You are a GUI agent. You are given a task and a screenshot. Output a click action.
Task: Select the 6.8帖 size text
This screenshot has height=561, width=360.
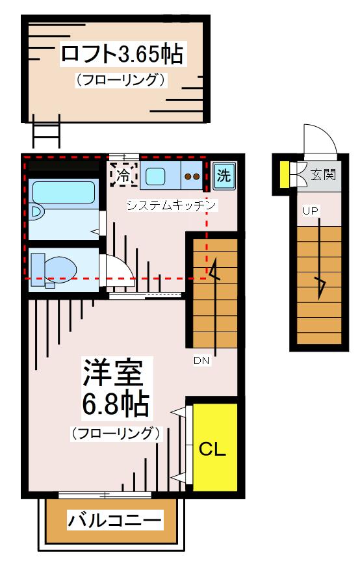coord(116,406)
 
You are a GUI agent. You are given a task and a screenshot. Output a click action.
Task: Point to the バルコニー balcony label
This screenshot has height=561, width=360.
coord(115,520)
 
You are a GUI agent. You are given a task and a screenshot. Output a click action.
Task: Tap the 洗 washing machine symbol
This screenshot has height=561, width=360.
coord(223,176)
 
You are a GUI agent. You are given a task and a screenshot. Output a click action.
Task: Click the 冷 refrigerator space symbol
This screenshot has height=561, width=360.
coord(123,175)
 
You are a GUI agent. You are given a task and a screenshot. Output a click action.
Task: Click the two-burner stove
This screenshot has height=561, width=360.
coord(192,176)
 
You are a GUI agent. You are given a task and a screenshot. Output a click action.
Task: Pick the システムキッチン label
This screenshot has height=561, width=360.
coord(171,205)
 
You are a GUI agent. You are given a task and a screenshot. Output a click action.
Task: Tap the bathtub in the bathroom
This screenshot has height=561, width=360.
coord(64,192)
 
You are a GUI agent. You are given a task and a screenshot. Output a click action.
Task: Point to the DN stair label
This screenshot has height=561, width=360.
coord(201,359)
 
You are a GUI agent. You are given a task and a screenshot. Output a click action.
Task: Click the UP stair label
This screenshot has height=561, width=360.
coord(310,211)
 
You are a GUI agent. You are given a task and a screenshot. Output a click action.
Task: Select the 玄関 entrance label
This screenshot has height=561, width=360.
coord(323,175)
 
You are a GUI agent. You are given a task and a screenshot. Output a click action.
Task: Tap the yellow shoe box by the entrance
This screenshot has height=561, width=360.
coord(285,174)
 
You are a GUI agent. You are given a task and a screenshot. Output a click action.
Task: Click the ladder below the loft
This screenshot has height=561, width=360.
coord(45,133)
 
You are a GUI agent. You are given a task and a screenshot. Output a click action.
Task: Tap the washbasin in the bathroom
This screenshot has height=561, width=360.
coord(37,212)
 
